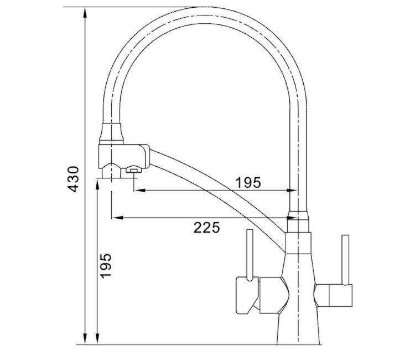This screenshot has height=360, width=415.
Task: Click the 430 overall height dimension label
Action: pyautogui.click(x=72, y=179)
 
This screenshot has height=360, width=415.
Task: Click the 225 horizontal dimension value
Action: pyautogui.click(x=207, y=227)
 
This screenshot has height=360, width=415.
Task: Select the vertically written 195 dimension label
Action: pyautogui.click(x=106, y=265)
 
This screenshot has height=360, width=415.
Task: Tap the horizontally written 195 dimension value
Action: pyautogui.click(x=248, y=182)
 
